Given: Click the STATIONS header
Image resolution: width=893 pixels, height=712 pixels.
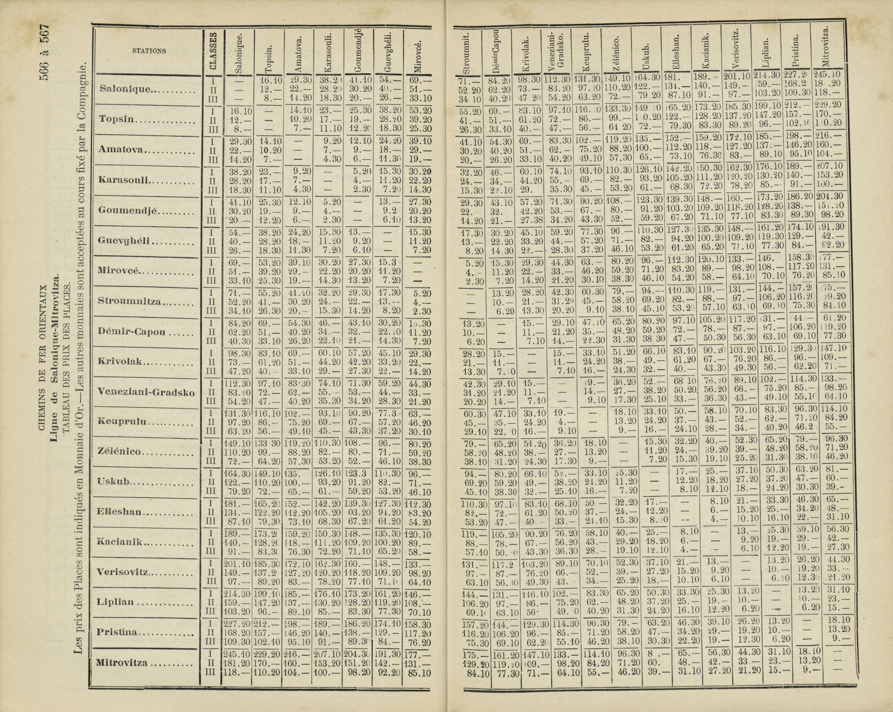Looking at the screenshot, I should tap(149, 51).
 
